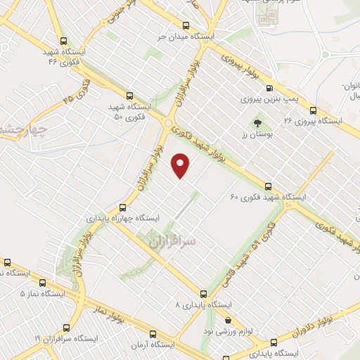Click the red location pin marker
(x=181, y=165)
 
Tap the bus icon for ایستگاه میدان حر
(x=186, y=23)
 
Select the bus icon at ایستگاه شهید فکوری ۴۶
(x=65, y=41)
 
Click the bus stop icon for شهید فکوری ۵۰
(x=129, y=94)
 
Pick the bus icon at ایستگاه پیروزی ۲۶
(x=313, y=110)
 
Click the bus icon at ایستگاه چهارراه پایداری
(x=123, y=207)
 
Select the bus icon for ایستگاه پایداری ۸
(x=203, y=294)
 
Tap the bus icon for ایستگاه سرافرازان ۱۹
(x=67, y=328)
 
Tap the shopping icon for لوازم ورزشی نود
(x=227, y=321)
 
